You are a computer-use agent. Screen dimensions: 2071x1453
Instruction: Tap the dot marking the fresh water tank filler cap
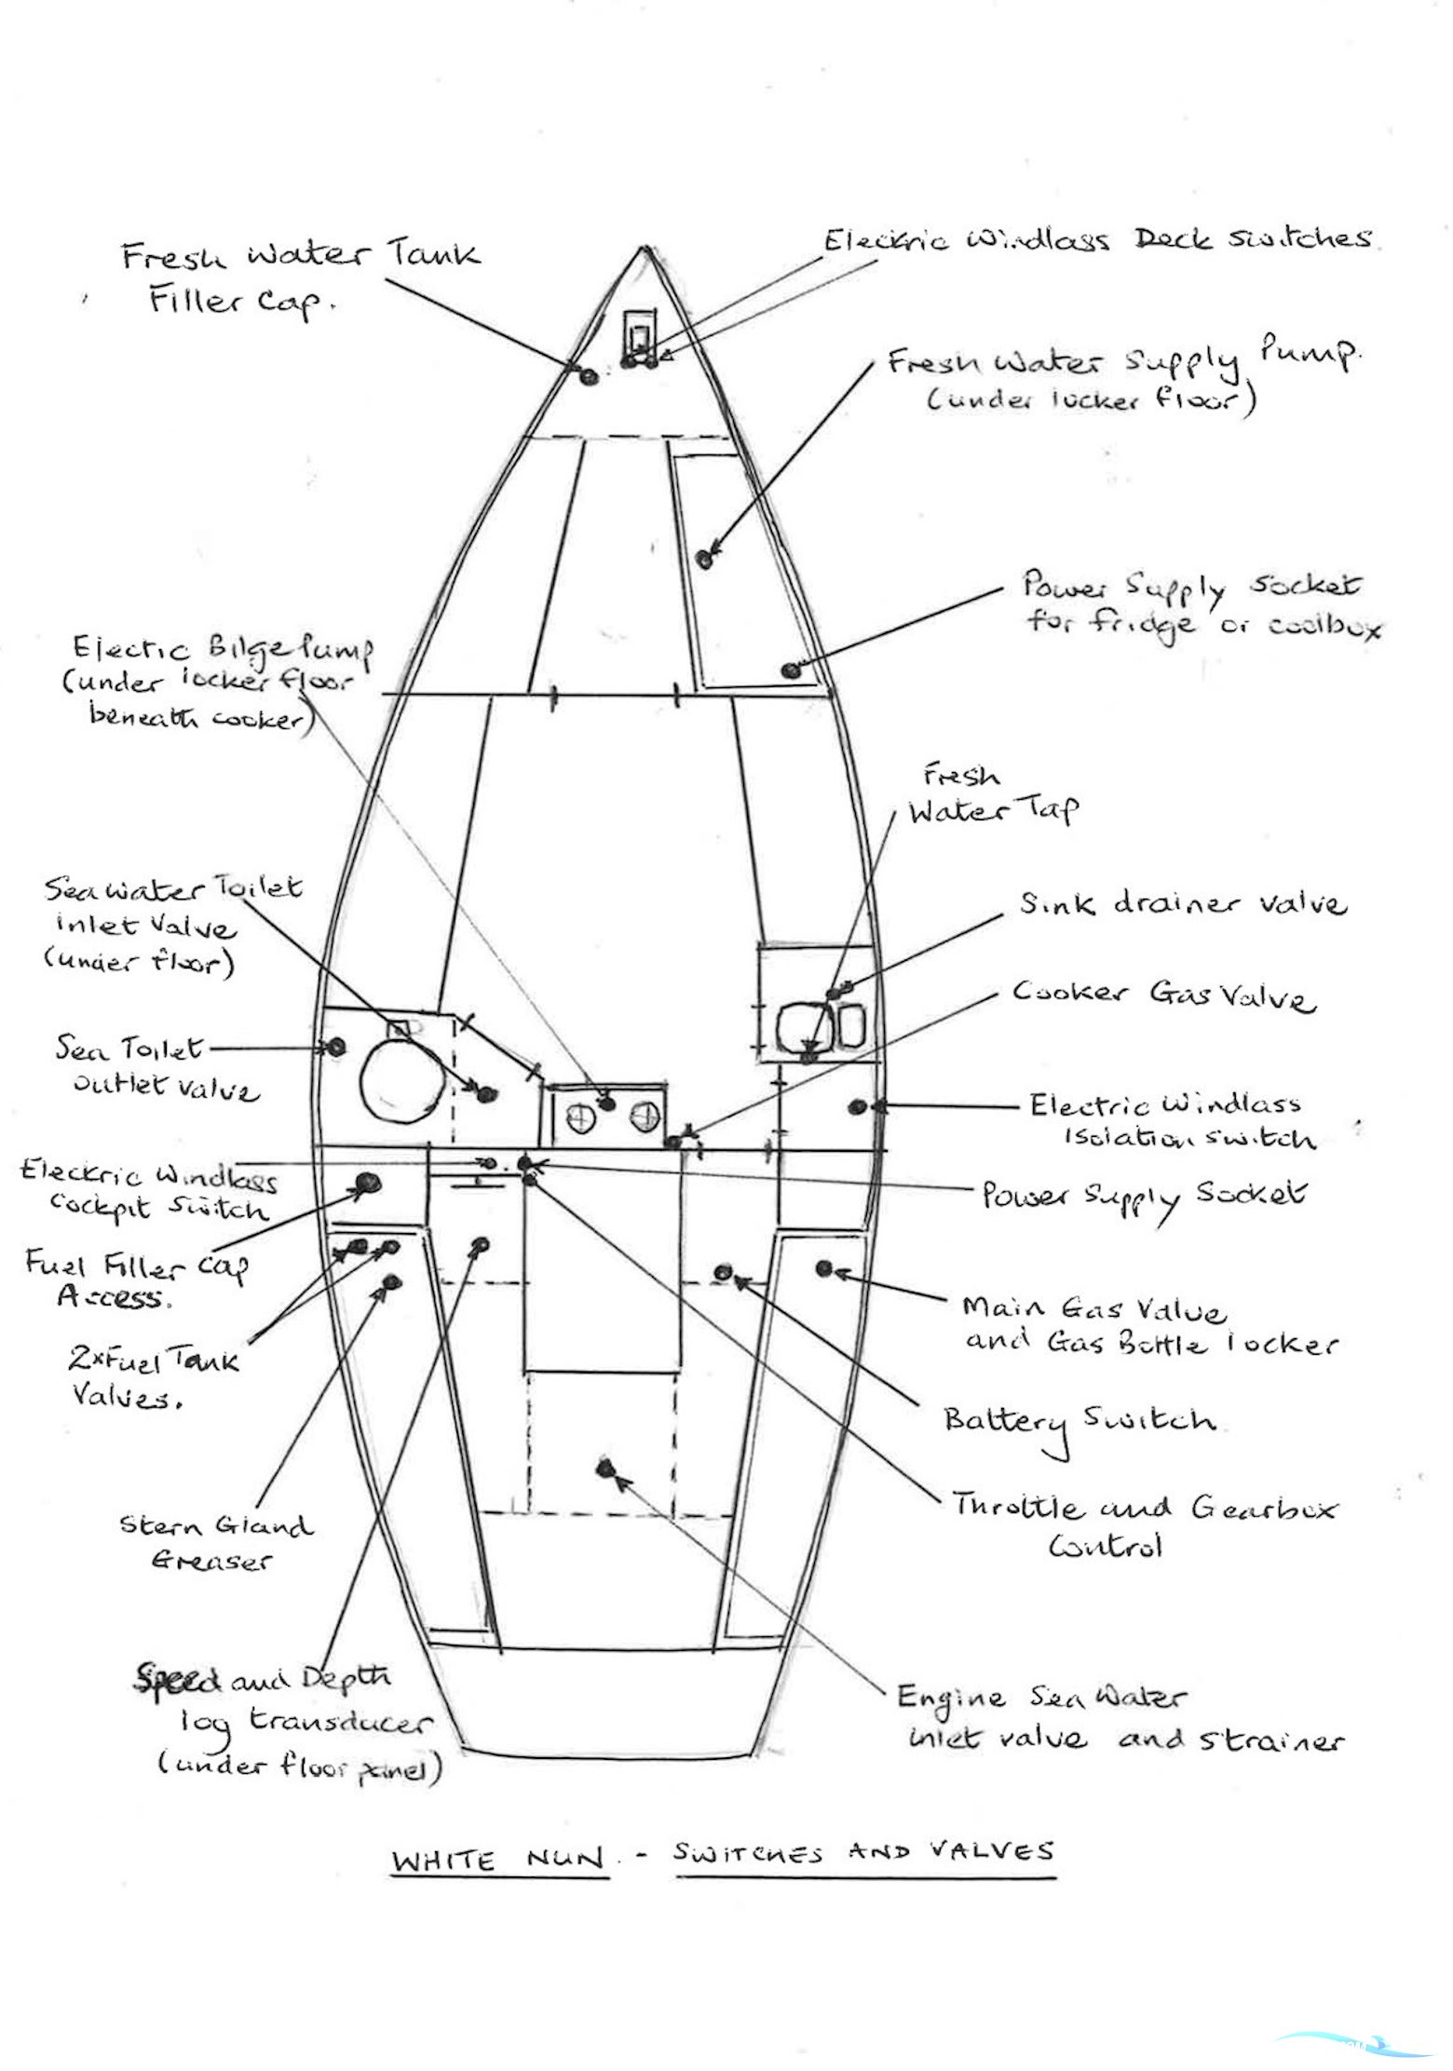(x=589, y=377)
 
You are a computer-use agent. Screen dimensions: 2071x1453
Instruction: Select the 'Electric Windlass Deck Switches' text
(x=1097, y=240)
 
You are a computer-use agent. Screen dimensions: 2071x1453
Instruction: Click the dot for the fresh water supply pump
(x=705, y=559)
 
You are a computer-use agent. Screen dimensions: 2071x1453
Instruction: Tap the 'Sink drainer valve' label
(x=1182, y=904)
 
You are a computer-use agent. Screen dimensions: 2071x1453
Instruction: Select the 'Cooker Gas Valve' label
(x=1164, y=995)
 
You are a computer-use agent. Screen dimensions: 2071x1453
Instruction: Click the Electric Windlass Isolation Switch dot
(x=858, y=1106)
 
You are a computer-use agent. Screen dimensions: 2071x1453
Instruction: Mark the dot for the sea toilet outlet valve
(x=336, y=1048)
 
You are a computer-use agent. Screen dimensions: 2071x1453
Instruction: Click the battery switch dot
(x=723, y=1272)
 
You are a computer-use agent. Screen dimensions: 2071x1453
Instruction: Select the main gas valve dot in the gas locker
(x=823, y=1267)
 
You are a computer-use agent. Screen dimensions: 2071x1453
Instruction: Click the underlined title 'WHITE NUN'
(x=497, y=1861)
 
